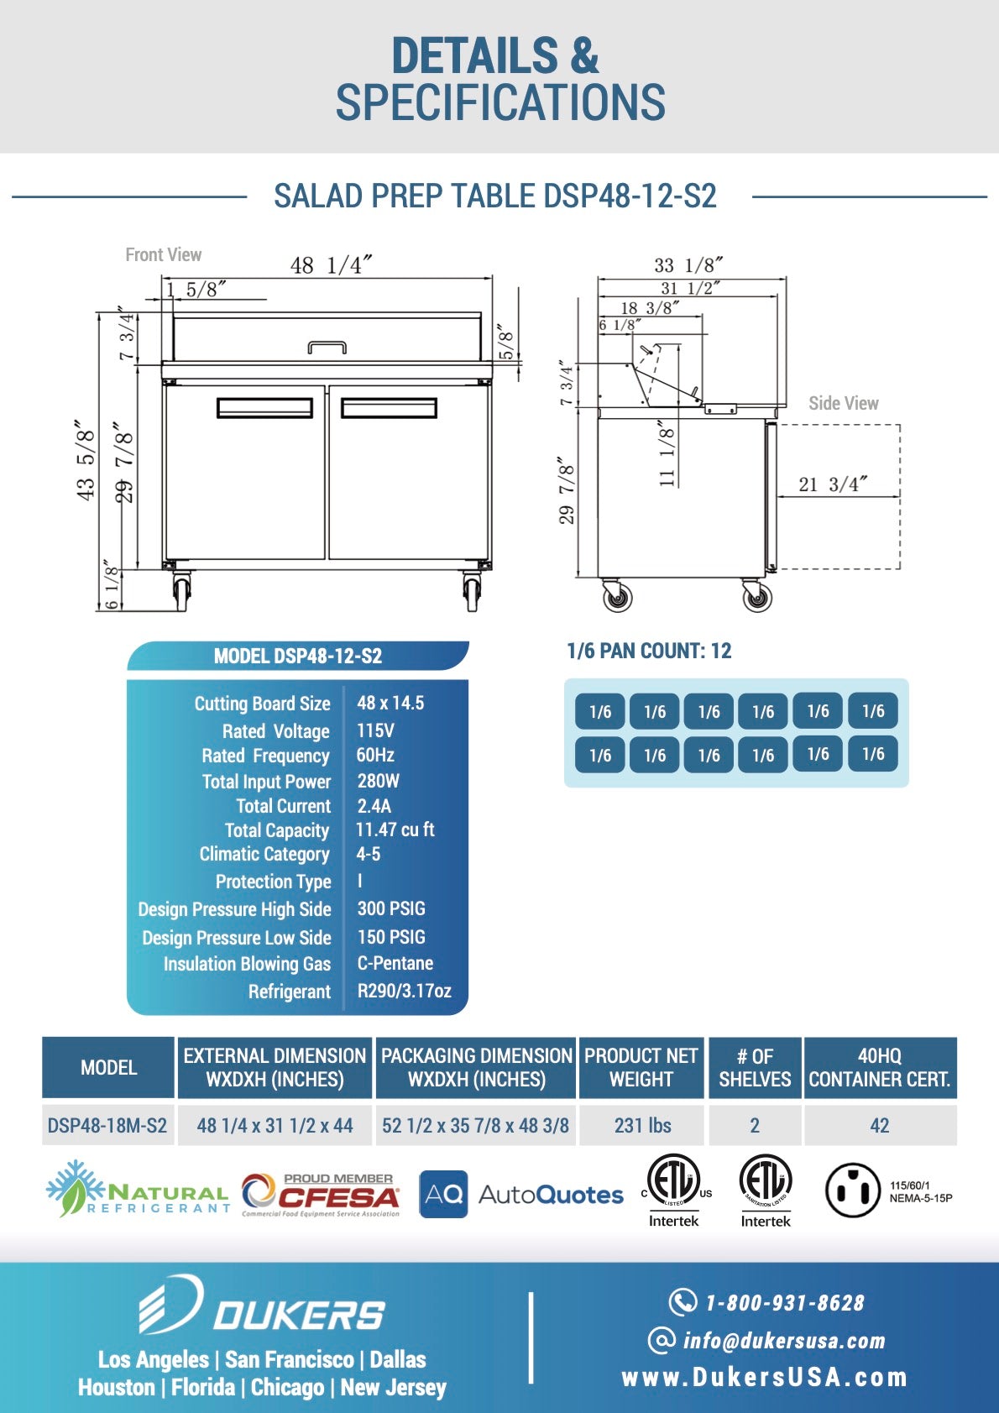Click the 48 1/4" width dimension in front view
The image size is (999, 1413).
click(331, 265)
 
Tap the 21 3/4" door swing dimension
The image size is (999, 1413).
click(832, 484)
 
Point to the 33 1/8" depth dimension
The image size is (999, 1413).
click(688, 265)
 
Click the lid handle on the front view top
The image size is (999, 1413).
click(327, 347)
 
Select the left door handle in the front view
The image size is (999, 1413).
click(264, 407)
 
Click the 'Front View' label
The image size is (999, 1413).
click(163, 254)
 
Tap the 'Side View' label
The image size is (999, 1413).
click(843, 403)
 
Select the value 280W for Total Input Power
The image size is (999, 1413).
click(379, 781)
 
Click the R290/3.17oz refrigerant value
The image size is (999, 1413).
click(404, 991)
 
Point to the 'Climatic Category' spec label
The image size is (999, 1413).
click(264, 854)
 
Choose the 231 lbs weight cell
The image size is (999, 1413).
click(642, 1125)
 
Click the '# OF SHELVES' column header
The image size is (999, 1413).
click(755, 1067)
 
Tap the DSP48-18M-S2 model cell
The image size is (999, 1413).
click(107, 1125)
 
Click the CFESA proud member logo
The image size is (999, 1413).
click(321, 1194)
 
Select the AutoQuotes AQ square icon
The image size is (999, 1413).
click(443, 1194)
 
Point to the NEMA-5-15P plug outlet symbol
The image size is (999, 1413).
click(852, 1190)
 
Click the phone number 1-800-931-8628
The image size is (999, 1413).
click(784, 1302)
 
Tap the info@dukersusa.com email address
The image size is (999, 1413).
click(783, 1340)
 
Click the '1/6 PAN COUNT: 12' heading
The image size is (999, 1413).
click(649, 651)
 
